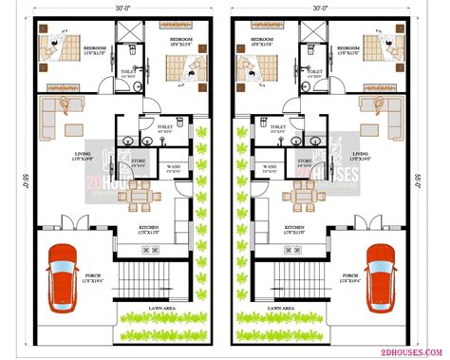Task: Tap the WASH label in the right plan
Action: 268,167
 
